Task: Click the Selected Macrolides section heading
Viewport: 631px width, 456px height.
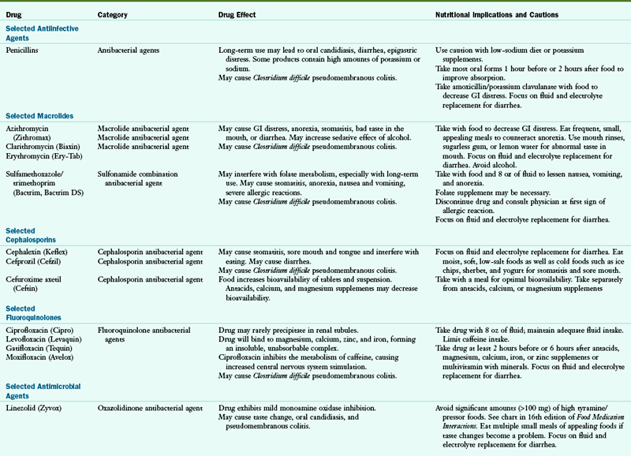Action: coord(38,115)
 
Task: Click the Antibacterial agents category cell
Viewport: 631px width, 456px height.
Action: coord(128,50)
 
